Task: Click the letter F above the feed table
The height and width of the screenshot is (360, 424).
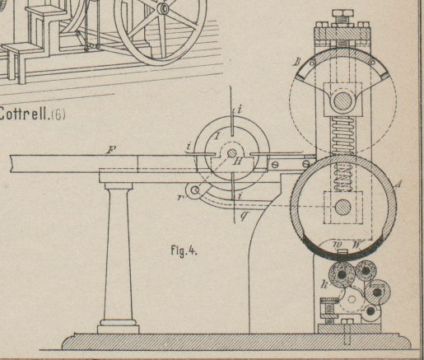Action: (x=112, y=150)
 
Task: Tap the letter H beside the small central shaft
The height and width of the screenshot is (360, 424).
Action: (x=238, y=161)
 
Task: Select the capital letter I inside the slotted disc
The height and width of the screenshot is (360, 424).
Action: (x=217, y=136)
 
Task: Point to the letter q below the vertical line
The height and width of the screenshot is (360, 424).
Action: (x=244, y=216)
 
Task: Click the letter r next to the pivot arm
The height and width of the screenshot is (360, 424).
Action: (x=180, y=197)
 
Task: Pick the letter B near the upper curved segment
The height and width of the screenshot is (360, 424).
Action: (x=296, y=63)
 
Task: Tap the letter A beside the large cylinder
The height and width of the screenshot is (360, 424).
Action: (x=398, y=184)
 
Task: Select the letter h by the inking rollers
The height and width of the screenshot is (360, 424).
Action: (x=324, y=284)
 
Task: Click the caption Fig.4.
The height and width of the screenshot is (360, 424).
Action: (x=184, y=250)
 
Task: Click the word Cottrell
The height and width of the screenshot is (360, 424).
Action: (x=23, y=115)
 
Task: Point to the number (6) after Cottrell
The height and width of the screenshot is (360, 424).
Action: (x=58, y=115)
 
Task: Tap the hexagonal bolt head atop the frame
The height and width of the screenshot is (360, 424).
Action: (x=342, y=13)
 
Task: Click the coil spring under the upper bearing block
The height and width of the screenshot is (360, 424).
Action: (x=342, y=135)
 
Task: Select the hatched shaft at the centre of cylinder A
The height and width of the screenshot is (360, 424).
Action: (x=343, y=207)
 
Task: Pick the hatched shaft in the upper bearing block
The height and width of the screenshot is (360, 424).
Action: (x=342, y=101)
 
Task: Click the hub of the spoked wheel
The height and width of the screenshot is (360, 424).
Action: (x=164, y=8)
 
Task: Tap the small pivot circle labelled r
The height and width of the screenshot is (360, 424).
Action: (x=195, y=190)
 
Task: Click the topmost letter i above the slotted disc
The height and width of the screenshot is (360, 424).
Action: (x=240, y=110)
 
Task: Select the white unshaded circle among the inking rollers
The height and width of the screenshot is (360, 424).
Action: (x=352, y=299)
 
